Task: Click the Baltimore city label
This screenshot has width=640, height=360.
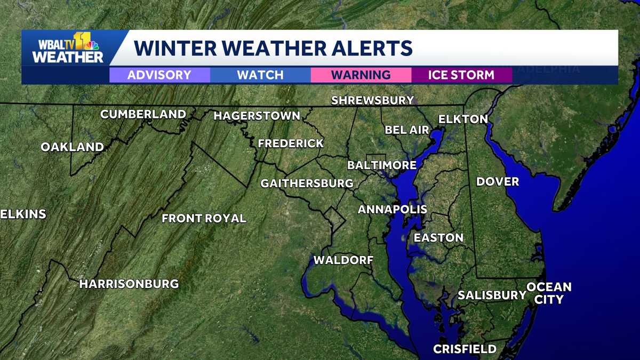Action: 381,165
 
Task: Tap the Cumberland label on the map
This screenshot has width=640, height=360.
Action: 143,114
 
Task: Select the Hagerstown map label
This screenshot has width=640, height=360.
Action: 257,116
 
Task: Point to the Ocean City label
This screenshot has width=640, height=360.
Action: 549,293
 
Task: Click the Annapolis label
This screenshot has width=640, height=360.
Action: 393,209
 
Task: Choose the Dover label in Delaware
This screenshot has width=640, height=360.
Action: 498,182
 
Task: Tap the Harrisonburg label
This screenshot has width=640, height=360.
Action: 129,284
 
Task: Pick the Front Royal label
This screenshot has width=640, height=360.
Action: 204,218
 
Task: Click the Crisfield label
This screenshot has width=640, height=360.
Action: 465,349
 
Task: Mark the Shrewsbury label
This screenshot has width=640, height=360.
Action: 372,100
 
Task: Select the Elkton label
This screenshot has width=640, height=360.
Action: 463,119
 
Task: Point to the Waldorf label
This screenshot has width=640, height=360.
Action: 343,260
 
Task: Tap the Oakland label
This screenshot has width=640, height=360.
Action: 73,147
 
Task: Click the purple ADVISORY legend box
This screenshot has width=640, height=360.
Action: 159,75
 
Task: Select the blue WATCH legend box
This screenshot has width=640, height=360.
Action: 260,75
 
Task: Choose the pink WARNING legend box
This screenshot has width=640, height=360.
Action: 361,75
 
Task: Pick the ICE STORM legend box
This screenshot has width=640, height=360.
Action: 461,75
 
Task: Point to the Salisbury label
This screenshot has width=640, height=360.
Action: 492,295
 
